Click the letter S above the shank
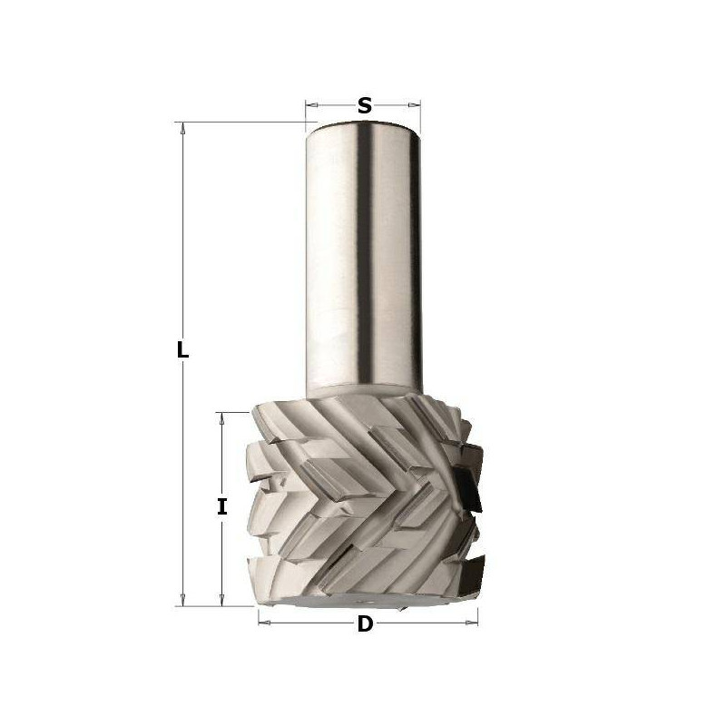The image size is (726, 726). click(365, 105)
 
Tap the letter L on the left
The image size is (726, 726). click(183, 350)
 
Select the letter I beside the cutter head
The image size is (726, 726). click(221, 507)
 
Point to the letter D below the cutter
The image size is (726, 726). click(365, 624)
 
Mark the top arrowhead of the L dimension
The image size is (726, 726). click(183, 127)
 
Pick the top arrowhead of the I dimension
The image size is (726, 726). click(221, 417)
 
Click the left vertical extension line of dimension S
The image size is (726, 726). click(306, 113)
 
